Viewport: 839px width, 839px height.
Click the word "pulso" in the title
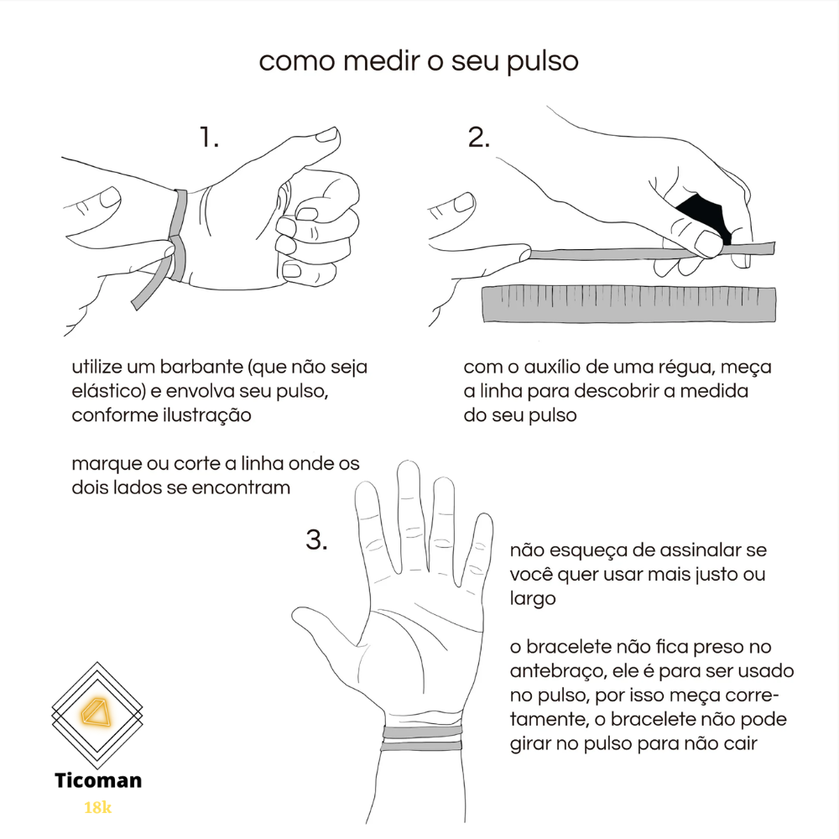pyautogui.click(x=543, y=62)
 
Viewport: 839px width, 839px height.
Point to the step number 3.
pyautogui.click(x=316, y=539)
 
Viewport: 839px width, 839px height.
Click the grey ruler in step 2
pyautogui.click(x=629, y=304)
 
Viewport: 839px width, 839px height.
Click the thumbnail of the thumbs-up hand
pyautogui.click(x=327, y=134)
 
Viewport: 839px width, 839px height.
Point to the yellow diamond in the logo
pyautogui.click(x=96, y=712)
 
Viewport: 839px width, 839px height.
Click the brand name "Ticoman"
pyautogui.click(x=98, y=780)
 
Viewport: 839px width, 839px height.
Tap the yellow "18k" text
pyautogui.click(x=98, y=807)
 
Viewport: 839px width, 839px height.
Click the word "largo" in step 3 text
pyautogui.click(x=533, y=599)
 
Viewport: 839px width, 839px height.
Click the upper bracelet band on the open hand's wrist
pyautogui.click(x=423, y=732)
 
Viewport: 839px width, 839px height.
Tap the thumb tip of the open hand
pyautogui.click(x=299, y=614)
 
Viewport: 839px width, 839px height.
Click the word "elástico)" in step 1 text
pyautogui.click(x=108, y=391)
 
